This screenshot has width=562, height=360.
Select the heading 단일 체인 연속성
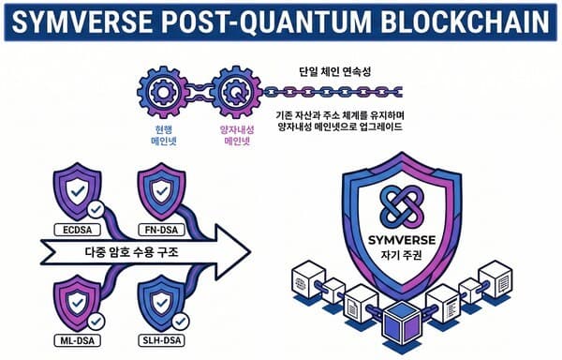[x=329, y=71]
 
